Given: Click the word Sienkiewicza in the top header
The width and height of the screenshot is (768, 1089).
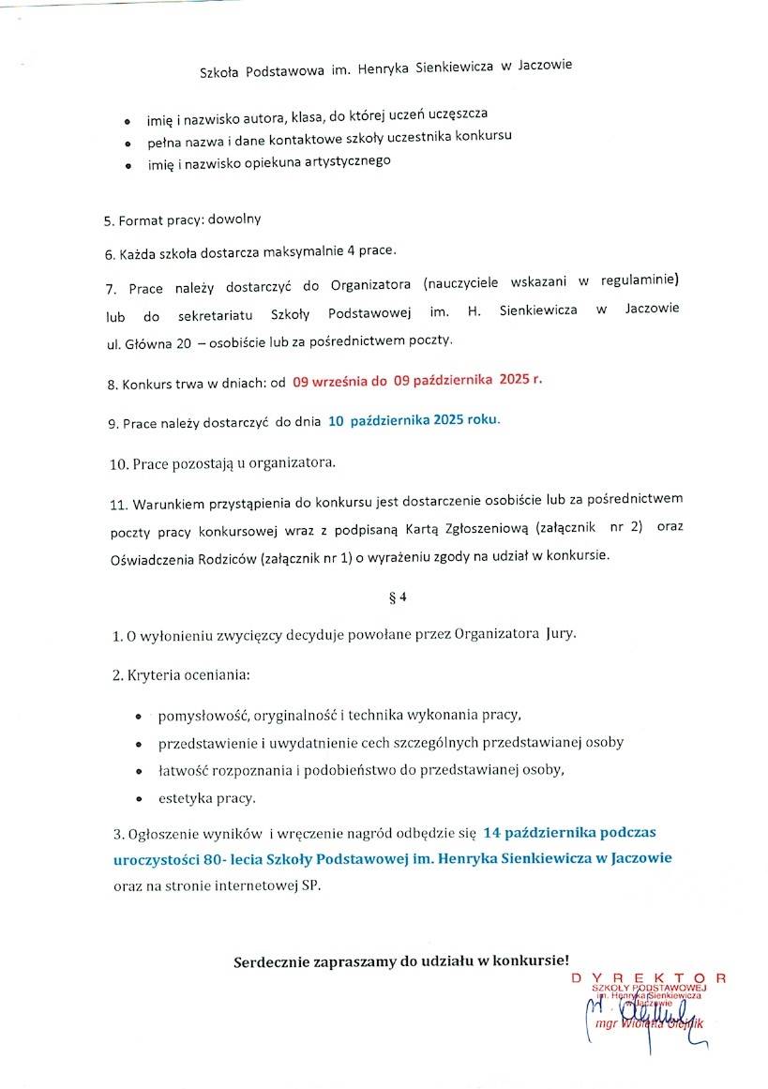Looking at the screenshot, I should (440, 67).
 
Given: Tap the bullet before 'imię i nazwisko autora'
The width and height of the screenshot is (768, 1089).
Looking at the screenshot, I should (128, 123).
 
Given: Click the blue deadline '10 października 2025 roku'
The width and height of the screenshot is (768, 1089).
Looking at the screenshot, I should (414, 421).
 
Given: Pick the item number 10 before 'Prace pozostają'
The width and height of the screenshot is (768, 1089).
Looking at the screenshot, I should (119, 464).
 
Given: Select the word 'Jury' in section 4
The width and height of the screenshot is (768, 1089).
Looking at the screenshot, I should (560, 634).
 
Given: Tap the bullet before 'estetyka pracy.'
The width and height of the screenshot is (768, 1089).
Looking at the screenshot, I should (139, 799).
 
